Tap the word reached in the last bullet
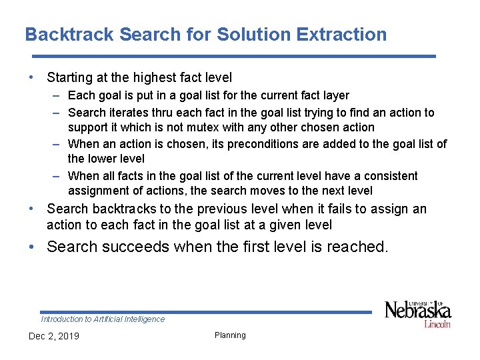pos(359,247)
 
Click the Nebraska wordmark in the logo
pos(418,311)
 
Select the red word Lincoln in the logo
pos(437,324)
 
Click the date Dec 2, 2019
pos(53,336)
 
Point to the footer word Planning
pos(230,335)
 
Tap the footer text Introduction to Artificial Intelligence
pos(103,319)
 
